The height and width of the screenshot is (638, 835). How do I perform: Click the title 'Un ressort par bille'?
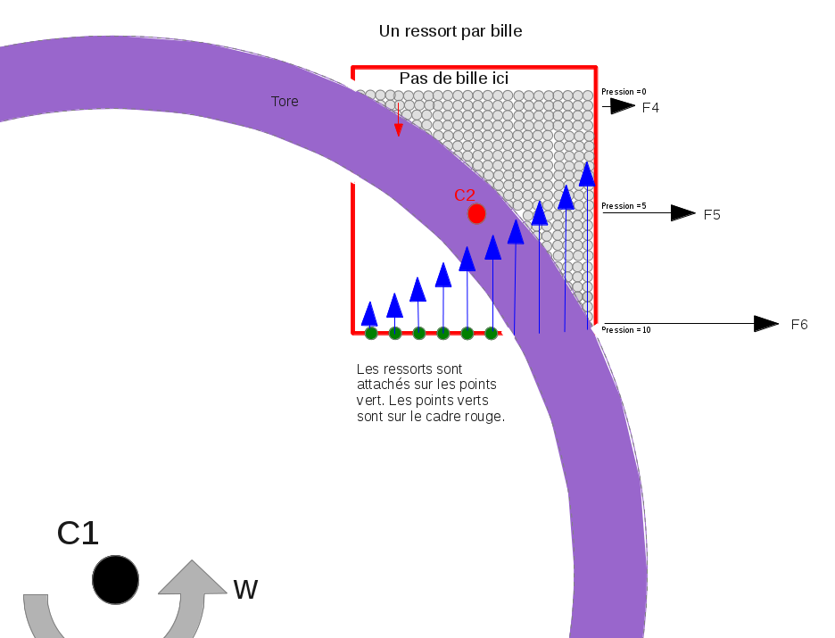451,31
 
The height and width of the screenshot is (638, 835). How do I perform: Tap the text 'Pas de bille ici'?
454,79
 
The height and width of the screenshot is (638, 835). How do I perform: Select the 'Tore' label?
285,102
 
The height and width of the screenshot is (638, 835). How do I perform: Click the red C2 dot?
476,214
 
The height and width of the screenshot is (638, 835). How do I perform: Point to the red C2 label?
465,195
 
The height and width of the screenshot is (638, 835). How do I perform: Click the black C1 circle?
115,579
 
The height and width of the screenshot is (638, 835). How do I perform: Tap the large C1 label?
78,534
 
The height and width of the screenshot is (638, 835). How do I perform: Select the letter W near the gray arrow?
245,590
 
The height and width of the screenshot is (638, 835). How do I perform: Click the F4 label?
650,108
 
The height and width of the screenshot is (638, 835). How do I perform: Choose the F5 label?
712,215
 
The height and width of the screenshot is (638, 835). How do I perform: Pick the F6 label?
799,325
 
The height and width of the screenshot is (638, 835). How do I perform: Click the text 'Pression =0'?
624,92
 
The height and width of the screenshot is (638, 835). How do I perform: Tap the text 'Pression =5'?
624,206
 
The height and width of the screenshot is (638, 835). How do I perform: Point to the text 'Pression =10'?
626,330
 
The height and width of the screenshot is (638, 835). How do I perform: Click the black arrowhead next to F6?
765,324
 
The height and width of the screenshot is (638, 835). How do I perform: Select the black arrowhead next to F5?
682,213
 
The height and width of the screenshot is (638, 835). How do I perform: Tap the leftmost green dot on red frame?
371,334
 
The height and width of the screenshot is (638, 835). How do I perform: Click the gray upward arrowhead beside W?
192,577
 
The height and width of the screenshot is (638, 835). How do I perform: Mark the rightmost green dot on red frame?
491,334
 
